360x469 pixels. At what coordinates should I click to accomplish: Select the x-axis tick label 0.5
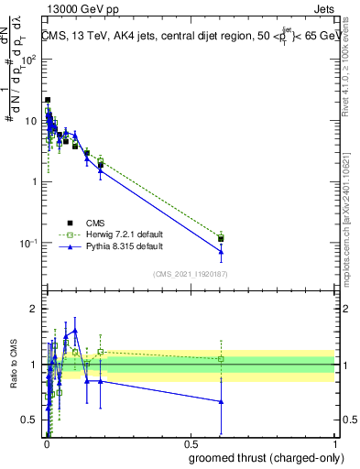[191, 443]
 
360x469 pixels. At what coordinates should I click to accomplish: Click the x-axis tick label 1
[334, 443]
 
